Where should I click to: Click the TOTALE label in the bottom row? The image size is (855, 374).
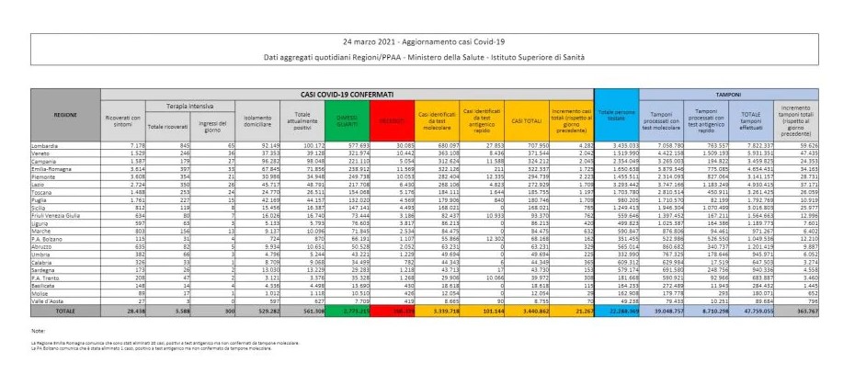(64, 312)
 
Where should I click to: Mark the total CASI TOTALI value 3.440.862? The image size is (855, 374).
(525, 312)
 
